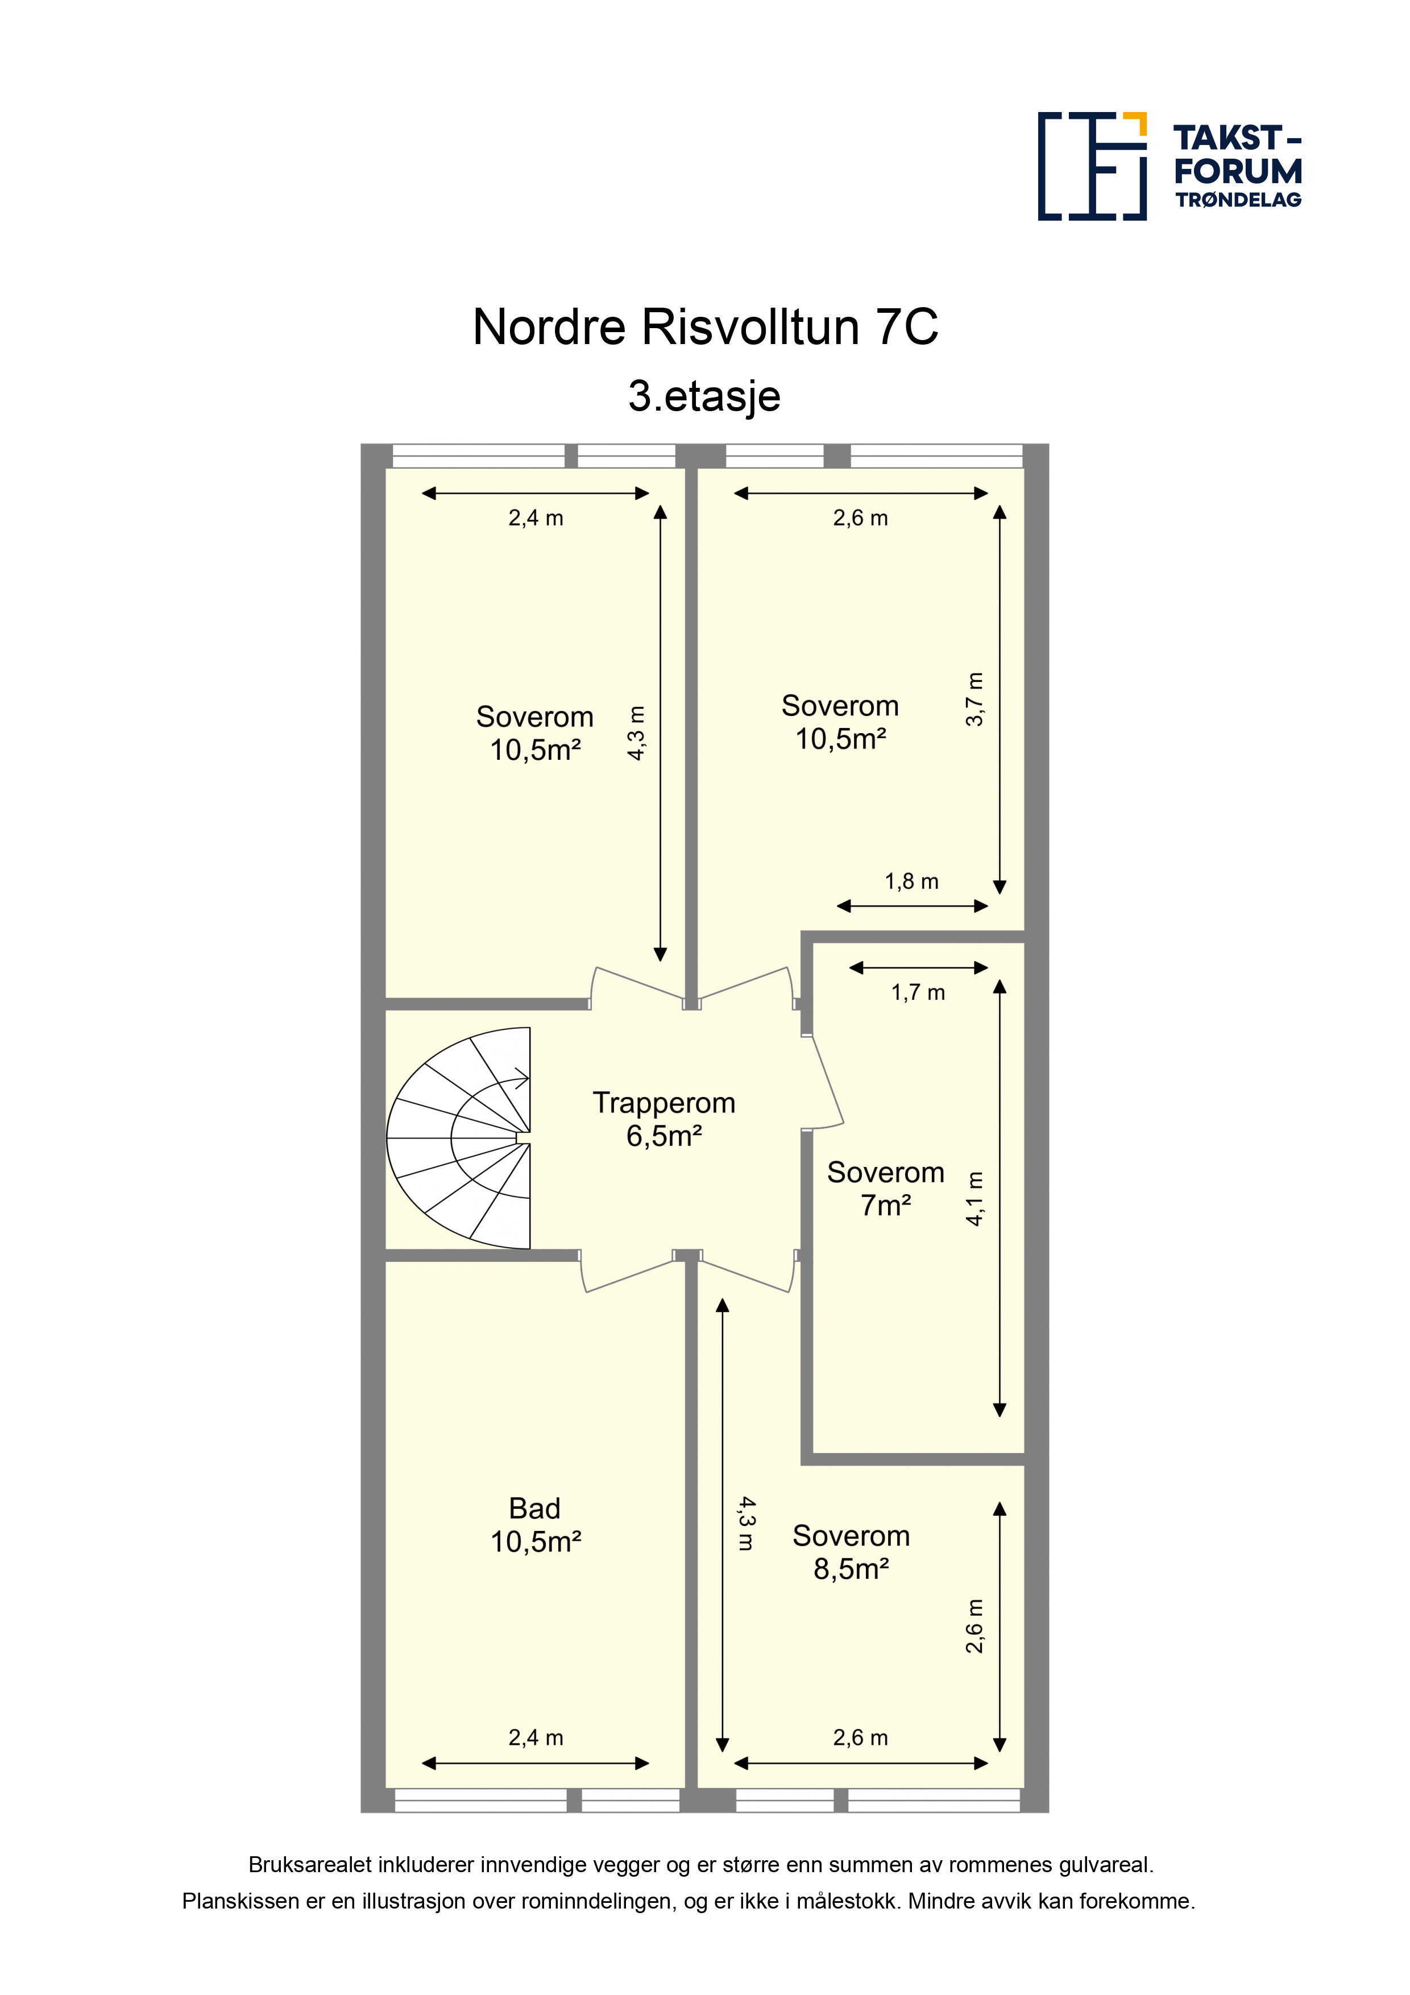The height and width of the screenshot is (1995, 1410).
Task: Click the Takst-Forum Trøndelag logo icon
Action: pos(1092,166)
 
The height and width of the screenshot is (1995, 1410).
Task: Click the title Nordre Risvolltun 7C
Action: pos(704,328)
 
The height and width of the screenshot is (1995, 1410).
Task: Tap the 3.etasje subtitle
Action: pos(704,396)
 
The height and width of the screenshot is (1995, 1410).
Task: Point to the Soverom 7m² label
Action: pos(885,1188)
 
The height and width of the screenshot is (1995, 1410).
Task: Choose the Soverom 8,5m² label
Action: pos(851,1552)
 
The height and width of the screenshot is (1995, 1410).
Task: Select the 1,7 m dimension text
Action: pos(918,992)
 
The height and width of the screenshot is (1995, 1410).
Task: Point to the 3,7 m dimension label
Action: pos(974,698)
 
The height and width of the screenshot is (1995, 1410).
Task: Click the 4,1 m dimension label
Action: pos(974,1199)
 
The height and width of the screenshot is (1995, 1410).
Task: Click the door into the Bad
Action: pos(627,1274)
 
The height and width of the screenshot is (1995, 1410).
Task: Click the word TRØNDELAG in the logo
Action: pos(1238,200)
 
